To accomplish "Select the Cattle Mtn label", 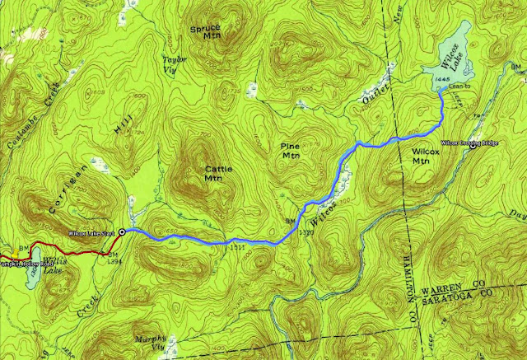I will coord(215,171).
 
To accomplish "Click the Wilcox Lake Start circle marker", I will coord(123,233).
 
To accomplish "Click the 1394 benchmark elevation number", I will coord(116,260).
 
